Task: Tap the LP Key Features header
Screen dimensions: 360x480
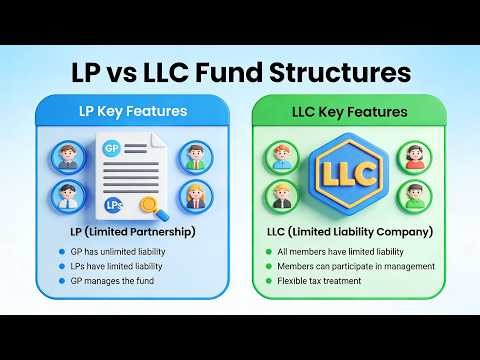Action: [x=126, y=111]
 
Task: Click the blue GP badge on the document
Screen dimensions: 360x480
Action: [x=112, y=149]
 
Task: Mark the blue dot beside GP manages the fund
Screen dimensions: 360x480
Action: [x=62, y=281]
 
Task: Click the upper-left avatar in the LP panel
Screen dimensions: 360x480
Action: [x=68, y=157]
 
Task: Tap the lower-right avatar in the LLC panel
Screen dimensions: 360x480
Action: [x=414, y=195]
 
